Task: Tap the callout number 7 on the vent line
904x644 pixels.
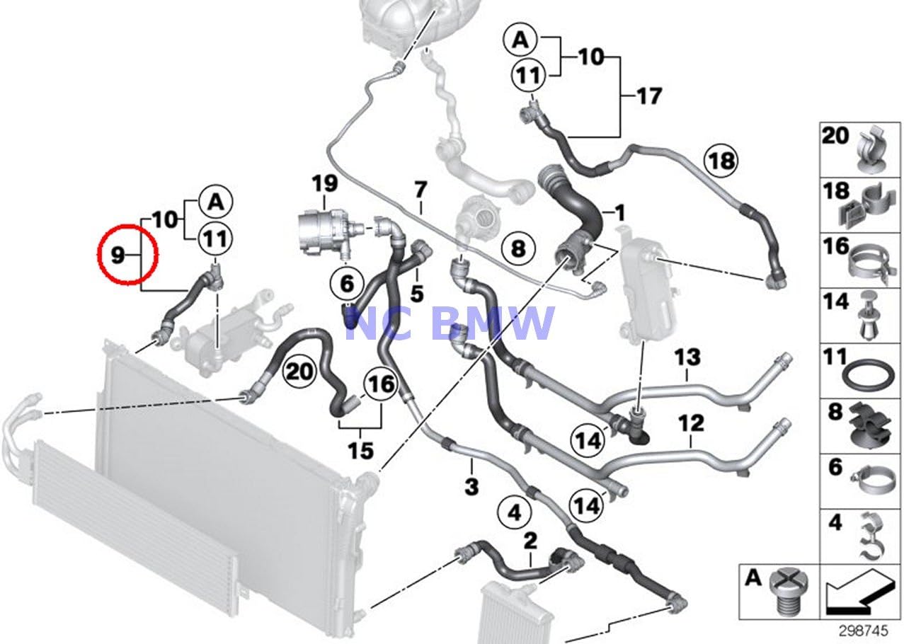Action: pos(420,190)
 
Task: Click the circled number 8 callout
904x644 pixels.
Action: pos(518,248)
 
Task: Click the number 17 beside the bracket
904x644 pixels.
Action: pos(648,96)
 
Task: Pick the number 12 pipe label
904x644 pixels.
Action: pos(691,424)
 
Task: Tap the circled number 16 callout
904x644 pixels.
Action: pos(380,384)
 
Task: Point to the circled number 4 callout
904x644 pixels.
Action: pos(515,511)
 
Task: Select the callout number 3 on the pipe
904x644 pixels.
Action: pos(471,487)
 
